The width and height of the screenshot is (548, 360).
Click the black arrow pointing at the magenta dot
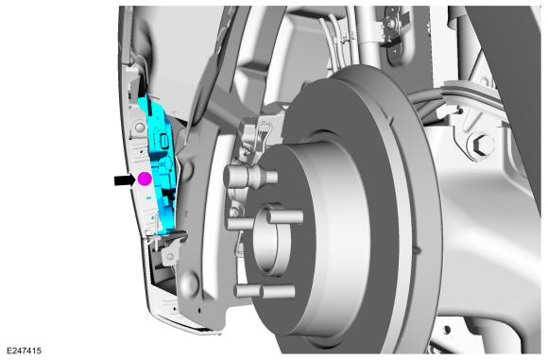tap(124, 180)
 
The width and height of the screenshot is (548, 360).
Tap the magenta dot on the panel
tap(145, 179)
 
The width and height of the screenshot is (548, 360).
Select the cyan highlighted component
tap(159, 164)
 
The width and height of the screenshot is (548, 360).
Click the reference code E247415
tap(24, 351)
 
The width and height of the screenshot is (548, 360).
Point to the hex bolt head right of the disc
tap(481, 145)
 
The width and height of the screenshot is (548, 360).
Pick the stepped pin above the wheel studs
tap(249, 176)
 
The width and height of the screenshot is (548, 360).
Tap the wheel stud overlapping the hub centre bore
tap(284, 216)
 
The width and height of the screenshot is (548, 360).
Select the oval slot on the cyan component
tap(163, 141)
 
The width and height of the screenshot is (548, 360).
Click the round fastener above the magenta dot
tap(140, 128)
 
